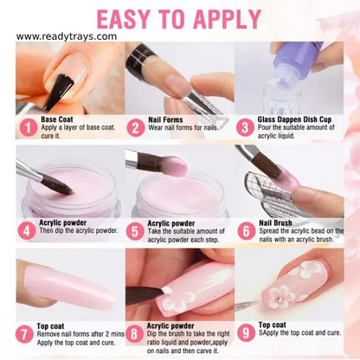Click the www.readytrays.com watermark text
67,36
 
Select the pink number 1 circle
27,128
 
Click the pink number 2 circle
135,128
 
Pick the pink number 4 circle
27,231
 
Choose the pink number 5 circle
135,231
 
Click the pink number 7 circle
27,334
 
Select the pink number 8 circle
135,334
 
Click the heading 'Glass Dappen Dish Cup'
294,120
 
